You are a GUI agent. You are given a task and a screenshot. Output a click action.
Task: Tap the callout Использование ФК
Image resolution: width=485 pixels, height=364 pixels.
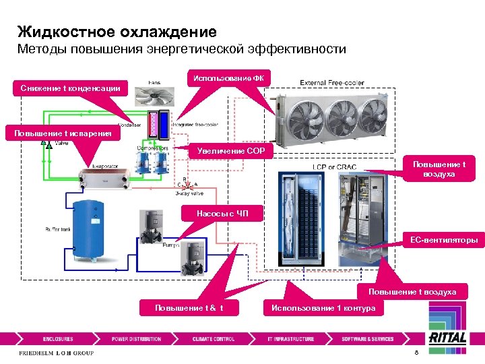pyautogui.click(x=228, y=78)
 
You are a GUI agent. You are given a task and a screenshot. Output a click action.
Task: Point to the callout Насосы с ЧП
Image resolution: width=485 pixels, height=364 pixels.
pyautogui.click(x=222, y=214)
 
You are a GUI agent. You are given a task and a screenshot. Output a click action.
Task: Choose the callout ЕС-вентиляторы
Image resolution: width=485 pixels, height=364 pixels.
pyautogui.click(x=441, y=239)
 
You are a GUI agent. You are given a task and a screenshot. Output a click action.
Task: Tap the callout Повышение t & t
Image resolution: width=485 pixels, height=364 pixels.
pyautogui.click(x=189, y=308)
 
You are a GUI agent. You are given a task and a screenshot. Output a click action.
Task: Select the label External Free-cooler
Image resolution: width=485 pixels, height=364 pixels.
pyautogui.click(x=332, y=83)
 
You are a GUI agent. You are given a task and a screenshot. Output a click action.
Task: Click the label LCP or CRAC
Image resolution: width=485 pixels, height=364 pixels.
pyautogui.click(x=334, y=166)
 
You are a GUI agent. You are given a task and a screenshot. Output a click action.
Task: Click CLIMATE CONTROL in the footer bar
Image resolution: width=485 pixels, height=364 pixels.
pyautogui.click(x=213, y=339)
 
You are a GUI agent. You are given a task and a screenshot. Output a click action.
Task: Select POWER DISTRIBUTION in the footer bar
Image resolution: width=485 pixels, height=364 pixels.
pyautogui.click(x=136, y=339)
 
